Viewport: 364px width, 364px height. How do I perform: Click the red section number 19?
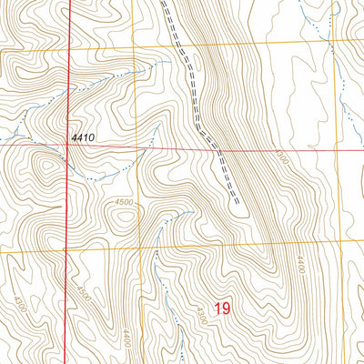click(x=222, y=309)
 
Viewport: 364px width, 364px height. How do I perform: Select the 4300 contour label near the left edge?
click(x=19, y=299)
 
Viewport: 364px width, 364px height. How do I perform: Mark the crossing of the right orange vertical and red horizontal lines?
click(x=336, y=151)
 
